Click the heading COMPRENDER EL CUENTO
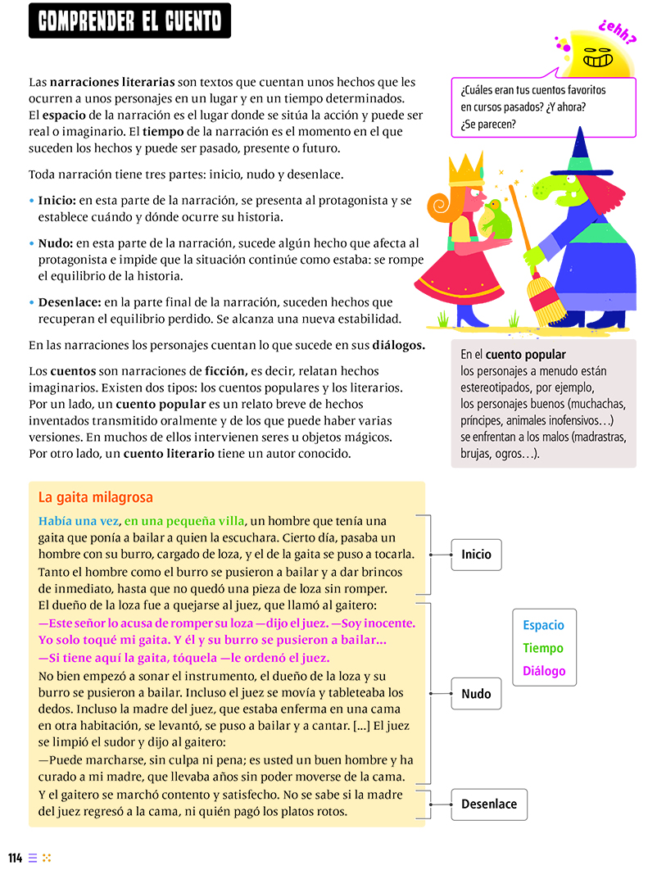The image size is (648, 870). pyautogui.click(x=129, y=20)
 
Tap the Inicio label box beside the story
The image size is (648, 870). pyautogui.click(x=476, y=555)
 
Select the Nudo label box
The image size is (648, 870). pyautogui.click(x=476, y=694)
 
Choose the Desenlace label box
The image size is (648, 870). pyautogui.click(x=489, y=804)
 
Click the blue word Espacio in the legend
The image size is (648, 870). pyautogui.click(x=544, y=625)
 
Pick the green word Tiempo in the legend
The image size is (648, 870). pyautogui.click(x=544, y=648)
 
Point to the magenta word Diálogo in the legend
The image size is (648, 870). pyautogui.click(x=544, y=671)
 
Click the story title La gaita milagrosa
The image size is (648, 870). pyautogui.click(x=95, y=497)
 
